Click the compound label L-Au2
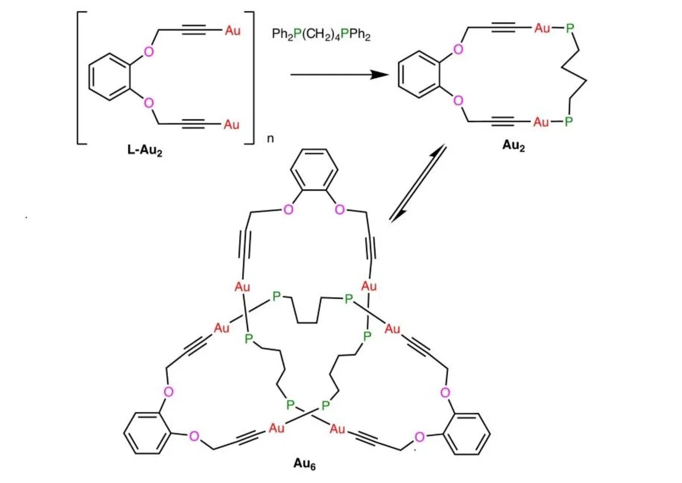[145, 152]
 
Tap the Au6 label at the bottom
[305, 464]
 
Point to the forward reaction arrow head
[380, 74]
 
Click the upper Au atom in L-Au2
[232, 30]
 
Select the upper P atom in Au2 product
[568, 28]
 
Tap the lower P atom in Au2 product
[568, 122]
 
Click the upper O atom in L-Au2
[149, 52]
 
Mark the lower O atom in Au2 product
[459, 101]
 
